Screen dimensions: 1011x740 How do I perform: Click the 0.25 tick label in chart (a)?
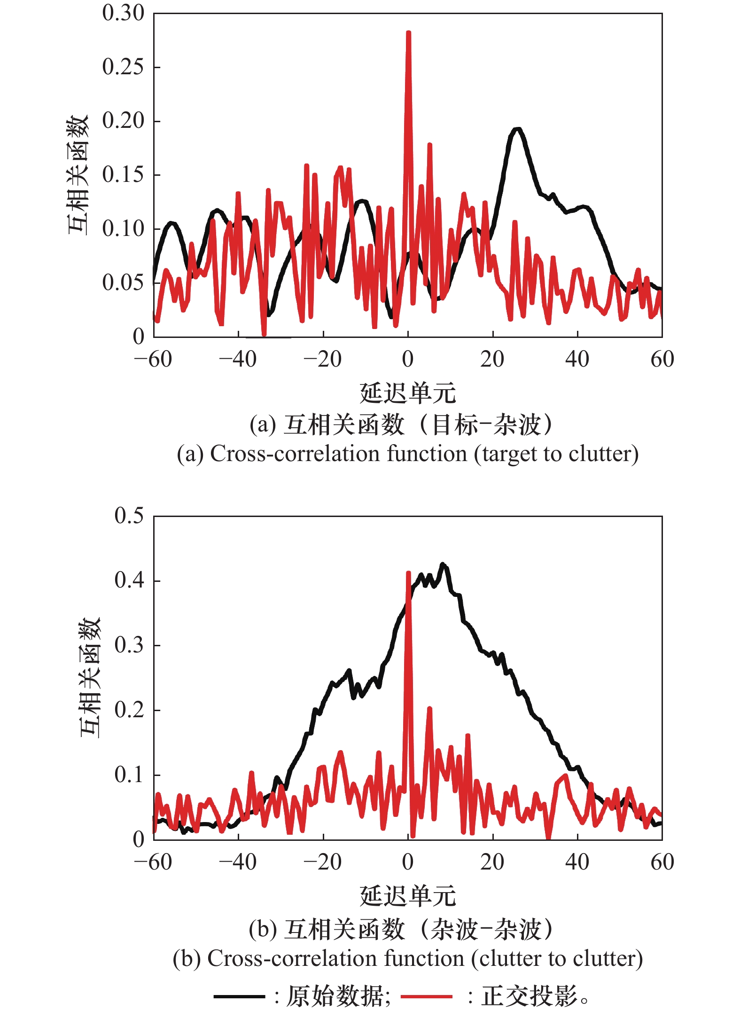click(123, 67)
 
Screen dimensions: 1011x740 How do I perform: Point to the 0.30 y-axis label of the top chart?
click(123, 13)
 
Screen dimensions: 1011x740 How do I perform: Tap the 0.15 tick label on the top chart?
click(123, 175)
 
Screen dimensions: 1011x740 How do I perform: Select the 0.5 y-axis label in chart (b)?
click(129, 516)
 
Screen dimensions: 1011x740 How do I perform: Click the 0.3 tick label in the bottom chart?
click(129, 645)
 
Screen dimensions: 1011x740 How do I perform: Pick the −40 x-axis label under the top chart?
click(238, 360)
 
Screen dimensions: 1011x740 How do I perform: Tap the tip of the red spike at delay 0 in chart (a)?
click(408, 33)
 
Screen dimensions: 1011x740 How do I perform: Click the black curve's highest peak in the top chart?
click(517, 129)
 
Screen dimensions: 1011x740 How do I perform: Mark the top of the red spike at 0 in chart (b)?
click(408, 573)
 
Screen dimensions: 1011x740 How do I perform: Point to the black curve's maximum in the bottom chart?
click(442, 564)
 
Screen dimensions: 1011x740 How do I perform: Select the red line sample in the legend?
click(426, 996)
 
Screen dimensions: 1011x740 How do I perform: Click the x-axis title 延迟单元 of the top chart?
click(408, 393)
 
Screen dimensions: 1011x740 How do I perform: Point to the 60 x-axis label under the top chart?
click(662, 360)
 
